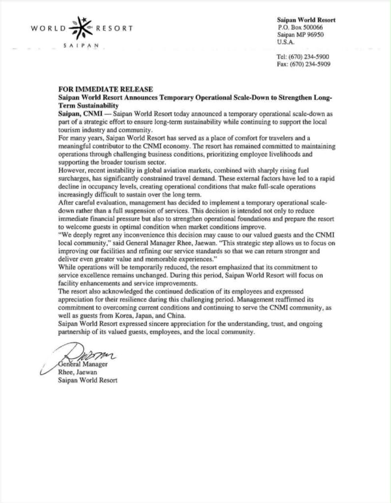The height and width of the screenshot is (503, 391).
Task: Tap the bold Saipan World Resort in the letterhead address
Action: [x=307, y=20]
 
